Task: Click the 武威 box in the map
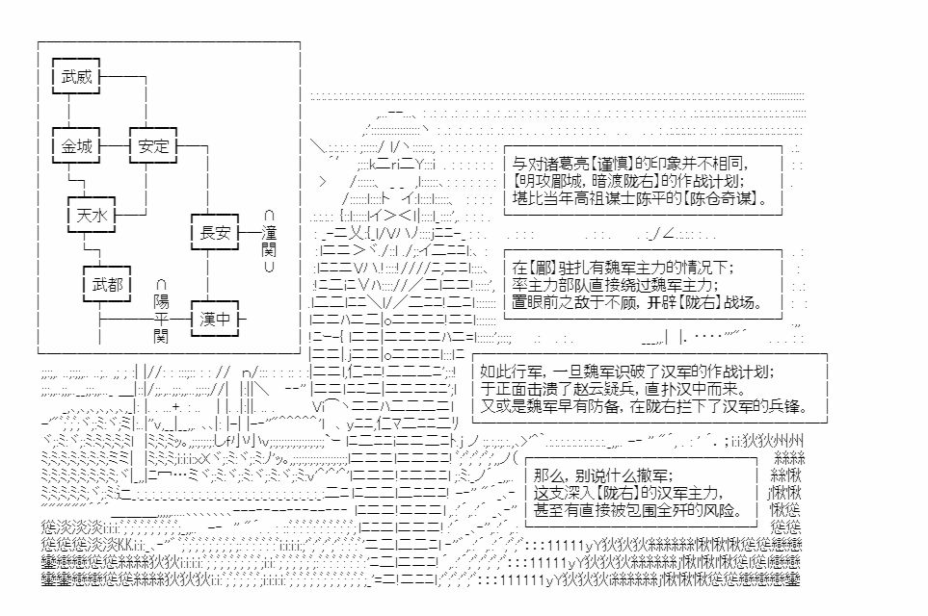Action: [76, 76]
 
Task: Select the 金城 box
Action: [76, 146]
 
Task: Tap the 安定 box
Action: [153, 146]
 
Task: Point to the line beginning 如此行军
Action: [625, 371]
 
